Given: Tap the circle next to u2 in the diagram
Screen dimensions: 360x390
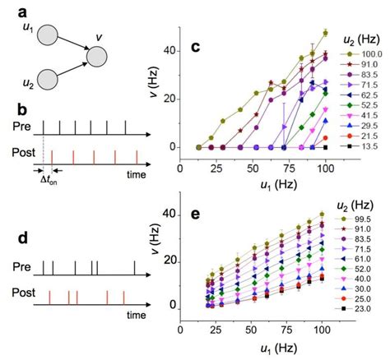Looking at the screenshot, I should pos(47,81).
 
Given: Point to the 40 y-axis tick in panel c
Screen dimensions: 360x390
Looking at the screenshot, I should pos(171,50).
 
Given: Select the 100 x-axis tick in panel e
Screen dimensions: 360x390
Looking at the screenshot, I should pos(321,335).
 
